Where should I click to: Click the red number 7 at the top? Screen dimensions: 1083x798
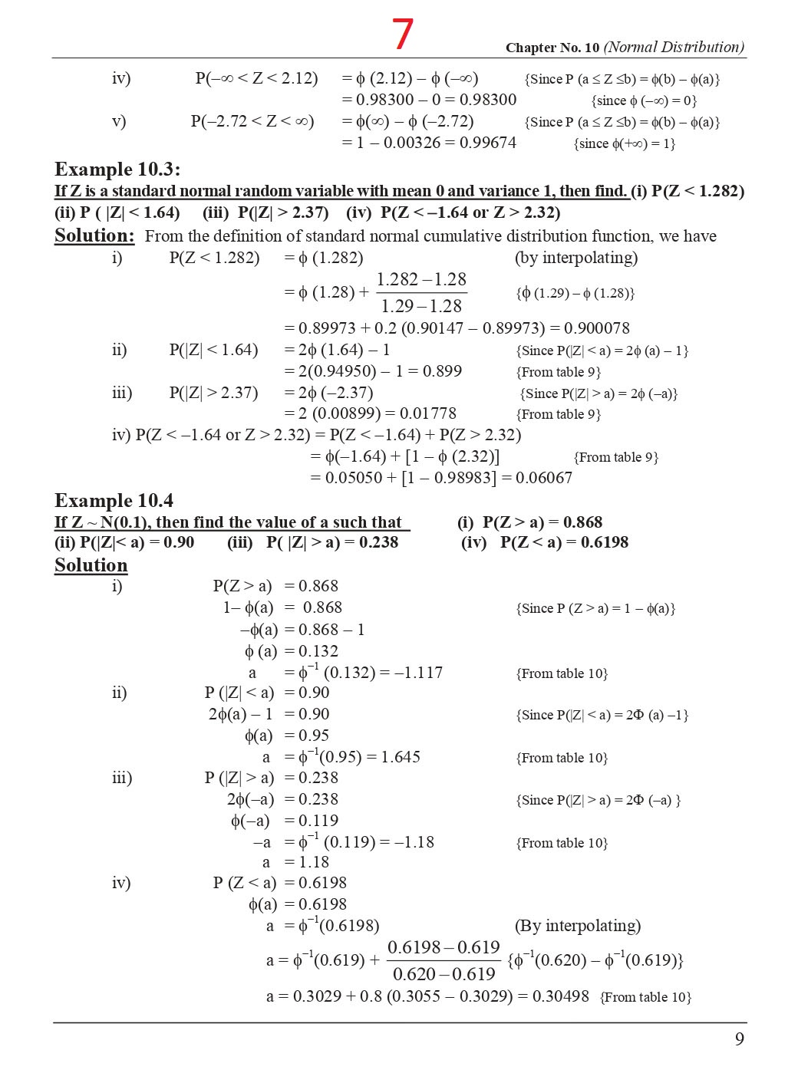pyautogui.click(x=403, y=35)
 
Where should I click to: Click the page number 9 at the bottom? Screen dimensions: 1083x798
pyautogui.click(x=739, y=1039)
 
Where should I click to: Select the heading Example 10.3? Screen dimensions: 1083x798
pyautogui.click(x=117, y=170)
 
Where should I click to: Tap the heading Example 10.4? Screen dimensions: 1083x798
pyautogui.click(x=114, y=501)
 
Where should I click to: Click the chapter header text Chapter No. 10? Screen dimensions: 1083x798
pyautogui.click(x=552, y=48)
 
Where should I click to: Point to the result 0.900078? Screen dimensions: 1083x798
pyautogui.click(x=596, y=328)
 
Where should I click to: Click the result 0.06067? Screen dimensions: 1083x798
pyautogui.click(x=543, y=478)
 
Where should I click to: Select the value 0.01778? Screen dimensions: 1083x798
pyautogui.click(x=427, y=413)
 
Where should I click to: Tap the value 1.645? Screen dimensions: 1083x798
pyautogui.click(x=401, y=757)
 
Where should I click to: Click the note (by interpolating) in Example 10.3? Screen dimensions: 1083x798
pyautogui.click(x=575, y=258)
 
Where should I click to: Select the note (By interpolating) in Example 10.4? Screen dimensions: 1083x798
pyautogui.click(x=577, y=926)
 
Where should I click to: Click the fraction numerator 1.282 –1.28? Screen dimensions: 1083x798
pyautogui.click(x=421, y=279)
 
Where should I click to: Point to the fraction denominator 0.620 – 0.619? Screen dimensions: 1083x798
pyautogui.click(x=444, y=974)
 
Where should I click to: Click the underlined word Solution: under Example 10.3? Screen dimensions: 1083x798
pyautogui.click(x=94, y=236)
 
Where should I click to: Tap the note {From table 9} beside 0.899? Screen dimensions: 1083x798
pyautogui.click(x=559, y=372)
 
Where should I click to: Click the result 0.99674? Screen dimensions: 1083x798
pyautogui.click(x=487, y=143)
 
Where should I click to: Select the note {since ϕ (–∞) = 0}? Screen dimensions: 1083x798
pyautogui.click(x=643, y=100)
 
